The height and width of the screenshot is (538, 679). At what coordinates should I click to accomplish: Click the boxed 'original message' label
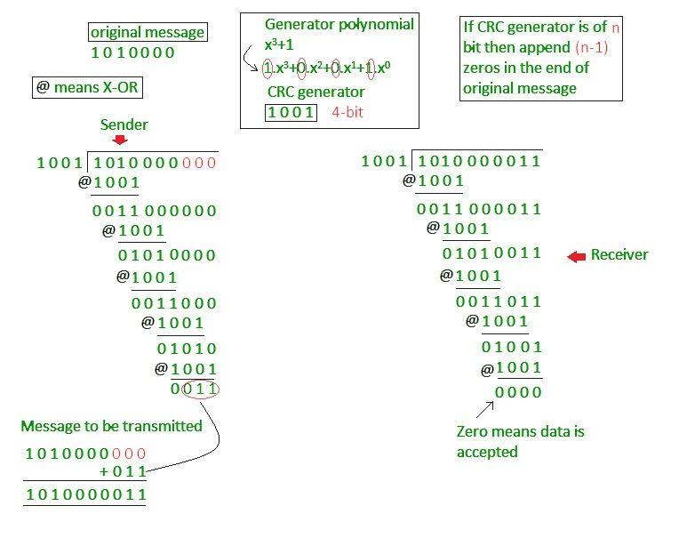click(148, 32)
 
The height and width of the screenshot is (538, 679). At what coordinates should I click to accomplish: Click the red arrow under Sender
click(119, 140)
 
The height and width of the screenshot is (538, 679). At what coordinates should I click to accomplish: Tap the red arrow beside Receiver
click(577, 257)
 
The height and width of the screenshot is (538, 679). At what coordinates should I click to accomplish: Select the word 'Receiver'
click(619, 254)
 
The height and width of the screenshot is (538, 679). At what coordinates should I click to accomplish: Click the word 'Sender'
click(124, 124)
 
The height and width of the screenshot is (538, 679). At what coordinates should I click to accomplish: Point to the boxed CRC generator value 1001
click(291, 113)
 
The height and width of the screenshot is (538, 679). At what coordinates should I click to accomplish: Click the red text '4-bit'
click(347, 113)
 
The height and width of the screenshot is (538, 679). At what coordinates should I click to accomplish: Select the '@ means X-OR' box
click(87, 87)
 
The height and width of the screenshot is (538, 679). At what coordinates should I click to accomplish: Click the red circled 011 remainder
click(200, 389)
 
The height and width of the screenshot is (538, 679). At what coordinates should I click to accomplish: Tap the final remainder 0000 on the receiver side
click(518, 392)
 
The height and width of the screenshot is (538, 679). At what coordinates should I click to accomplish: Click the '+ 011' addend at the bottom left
click(123, 471)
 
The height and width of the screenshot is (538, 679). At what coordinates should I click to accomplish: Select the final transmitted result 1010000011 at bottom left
click(85, 494)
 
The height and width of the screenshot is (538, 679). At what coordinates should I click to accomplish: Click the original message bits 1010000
click(132, 52)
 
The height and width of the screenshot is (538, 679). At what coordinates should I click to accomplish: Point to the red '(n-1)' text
click(592, 47)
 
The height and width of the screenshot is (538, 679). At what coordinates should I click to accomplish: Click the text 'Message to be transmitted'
click(111, 426)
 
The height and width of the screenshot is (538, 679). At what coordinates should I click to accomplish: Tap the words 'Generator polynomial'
click(339, 24)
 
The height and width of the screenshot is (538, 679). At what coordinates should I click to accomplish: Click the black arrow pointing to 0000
click(485, 409)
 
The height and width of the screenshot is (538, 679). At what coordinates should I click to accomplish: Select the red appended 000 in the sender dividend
click(199, 163)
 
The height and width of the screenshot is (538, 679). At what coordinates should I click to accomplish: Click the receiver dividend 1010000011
click(479, 161)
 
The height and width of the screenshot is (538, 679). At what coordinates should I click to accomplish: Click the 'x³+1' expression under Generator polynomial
click(279, 44)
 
